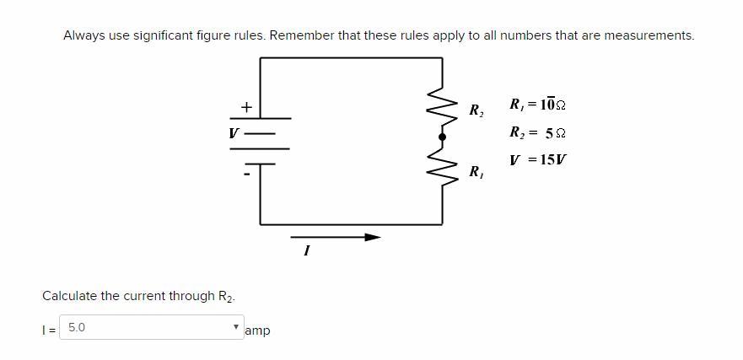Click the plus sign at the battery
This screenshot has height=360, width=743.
click(246, 107)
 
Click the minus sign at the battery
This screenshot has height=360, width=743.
click(246, 174)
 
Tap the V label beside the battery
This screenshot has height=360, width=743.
click(234, 133)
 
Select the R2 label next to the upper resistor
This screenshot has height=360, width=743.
click(476, 110)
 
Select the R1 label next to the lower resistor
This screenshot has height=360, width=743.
click(476, 171)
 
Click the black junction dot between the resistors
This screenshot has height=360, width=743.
click(442, 137)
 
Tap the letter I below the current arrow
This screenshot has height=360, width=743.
click(306, 250)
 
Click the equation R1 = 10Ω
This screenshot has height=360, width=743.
click(537, 105)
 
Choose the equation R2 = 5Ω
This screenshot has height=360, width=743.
click(537, 132)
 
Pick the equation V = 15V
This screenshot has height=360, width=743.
click(537, 159)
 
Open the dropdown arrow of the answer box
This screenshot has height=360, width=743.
click(236, 327)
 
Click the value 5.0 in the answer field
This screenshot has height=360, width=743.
click(77, 327)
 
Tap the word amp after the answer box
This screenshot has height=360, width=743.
click(257, 330)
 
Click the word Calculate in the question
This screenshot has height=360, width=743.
click(69, 296)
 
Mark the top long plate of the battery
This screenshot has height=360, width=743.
click(260, 118)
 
